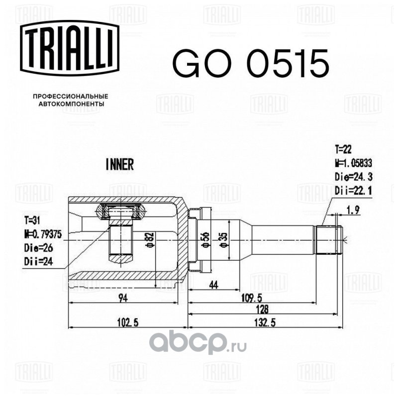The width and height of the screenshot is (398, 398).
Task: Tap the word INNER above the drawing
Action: pos(120,165)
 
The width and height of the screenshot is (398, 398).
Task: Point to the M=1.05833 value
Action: pos(353,162)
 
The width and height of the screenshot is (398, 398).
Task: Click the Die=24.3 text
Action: pos(353,176)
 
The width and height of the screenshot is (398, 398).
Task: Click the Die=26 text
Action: pos(37,247)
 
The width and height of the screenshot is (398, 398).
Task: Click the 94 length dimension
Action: pos(122,298)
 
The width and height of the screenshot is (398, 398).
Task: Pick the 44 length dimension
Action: pos(214,285)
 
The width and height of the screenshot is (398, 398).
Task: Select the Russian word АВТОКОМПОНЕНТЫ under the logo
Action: pos(71,105)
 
